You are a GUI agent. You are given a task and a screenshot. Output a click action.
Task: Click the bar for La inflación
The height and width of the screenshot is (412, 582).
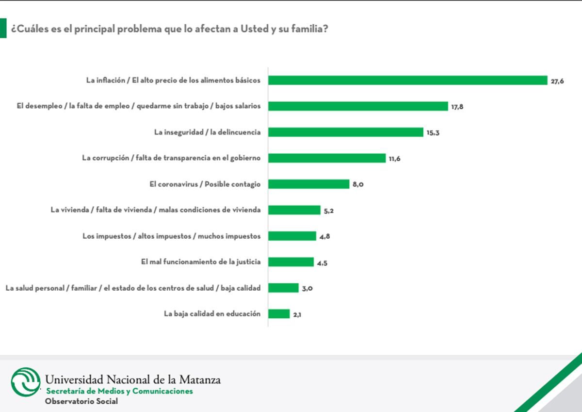(407, 81)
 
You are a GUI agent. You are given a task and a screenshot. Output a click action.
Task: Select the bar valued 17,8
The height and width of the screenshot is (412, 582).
(358, 106)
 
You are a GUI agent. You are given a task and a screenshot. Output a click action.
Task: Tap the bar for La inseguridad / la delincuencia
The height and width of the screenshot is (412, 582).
(346, 132)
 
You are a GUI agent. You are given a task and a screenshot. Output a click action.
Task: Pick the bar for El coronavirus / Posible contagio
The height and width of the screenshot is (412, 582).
(308, 184)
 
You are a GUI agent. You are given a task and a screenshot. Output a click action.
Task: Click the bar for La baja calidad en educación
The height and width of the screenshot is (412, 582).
(279, 314)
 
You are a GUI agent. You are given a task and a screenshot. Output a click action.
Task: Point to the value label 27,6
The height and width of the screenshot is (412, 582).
(557, 81)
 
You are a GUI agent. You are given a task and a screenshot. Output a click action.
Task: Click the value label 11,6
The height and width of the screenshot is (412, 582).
(394, 159)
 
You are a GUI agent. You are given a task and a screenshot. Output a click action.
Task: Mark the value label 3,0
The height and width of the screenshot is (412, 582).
(307, 289)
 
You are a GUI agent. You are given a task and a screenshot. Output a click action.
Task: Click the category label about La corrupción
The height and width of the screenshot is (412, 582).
(171, 158)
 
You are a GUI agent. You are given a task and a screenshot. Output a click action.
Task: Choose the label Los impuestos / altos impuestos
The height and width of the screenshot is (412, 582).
(172, 236)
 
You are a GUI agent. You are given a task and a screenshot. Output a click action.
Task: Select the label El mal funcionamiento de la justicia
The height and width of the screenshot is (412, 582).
(201, 262)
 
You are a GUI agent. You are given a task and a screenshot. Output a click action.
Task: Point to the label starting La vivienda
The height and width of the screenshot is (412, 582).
(156, 210)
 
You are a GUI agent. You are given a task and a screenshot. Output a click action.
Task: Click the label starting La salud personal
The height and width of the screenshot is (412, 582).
(133, 288)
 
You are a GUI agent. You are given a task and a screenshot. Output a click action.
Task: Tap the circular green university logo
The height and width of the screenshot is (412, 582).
(26, 382)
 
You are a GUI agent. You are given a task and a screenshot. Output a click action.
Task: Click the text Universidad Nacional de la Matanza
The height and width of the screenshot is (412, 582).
(132, 379)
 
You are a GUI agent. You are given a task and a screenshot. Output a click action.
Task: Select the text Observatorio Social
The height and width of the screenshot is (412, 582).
(81, 401)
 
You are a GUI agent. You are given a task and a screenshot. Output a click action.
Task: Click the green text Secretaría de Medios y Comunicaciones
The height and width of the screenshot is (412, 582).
(119, 391)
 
